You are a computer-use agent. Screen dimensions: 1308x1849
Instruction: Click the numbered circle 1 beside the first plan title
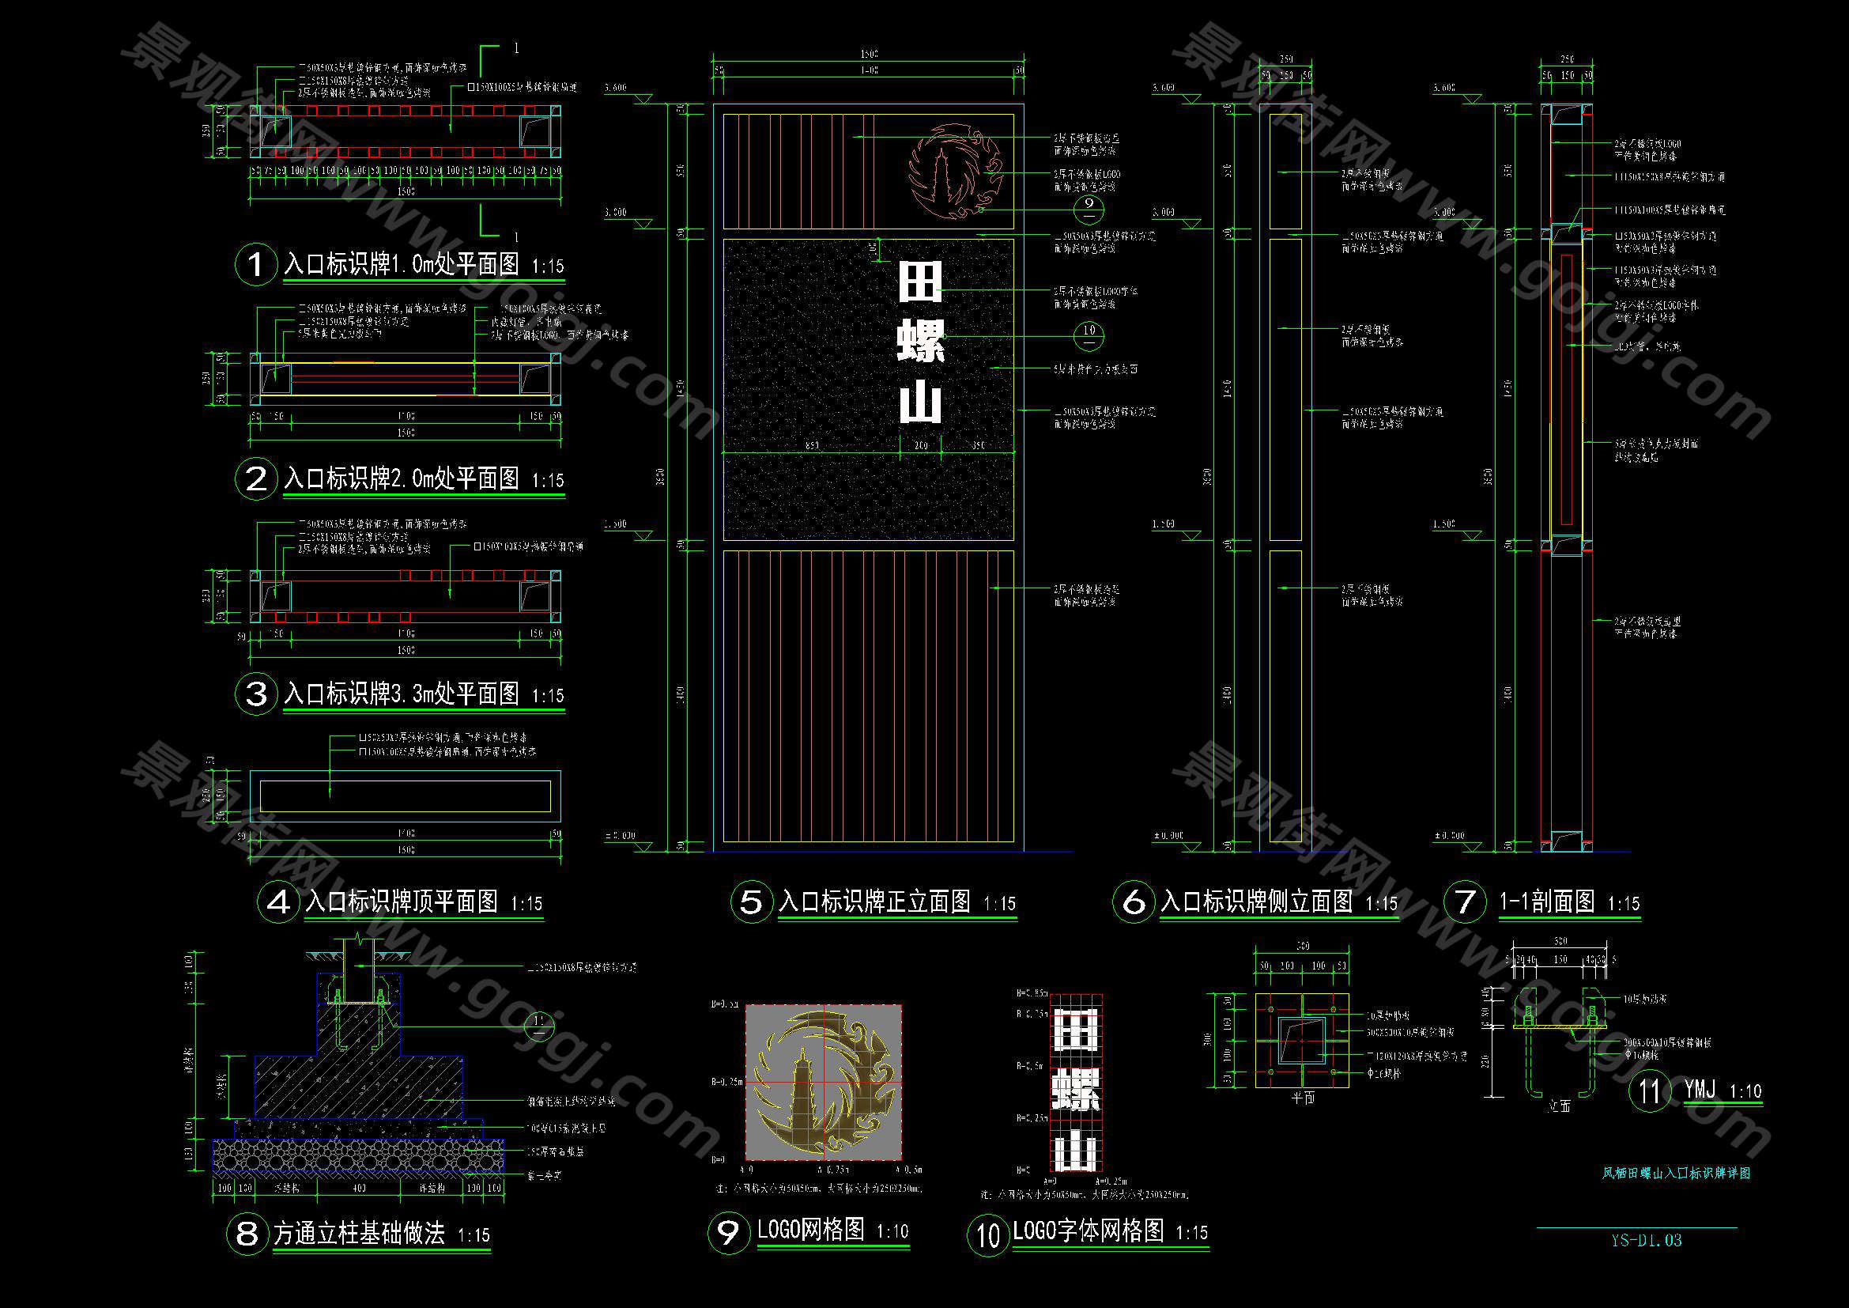[255, 263]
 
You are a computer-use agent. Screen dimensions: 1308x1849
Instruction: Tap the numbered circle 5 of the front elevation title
[750, 902]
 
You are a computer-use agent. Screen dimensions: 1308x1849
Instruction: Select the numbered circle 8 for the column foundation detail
[247, 1233]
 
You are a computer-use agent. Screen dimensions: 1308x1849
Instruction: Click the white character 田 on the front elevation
[919, 282]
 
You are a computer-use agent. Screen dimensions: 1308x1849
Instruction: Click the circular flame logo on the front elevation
[956, 170]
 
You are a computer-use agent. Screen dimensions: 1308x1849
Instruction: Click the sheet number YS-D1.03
[1645, 1240]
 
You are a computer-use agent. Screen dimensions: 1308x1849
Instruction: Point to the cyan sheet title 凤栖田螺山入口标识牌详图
[1676, 1174]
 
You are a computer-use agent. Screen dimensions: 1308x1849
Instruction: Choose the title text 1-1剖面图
[1546, 902]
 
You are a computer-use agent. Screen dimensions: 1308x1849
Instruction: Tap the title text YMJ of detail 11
[1700, 1091]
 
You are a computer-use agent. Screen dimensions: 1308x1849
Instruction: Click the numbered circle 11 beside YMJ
[1649, 1091]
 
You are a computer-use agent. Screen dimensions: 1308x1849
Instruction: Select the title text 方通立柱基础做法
[359, 1233]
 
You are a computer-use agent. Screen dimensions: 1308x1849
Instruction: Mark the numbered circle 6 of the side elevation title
[1133, 902]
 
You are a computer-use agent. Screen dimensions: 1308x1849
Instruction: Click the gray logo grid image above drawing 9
[823, 1082]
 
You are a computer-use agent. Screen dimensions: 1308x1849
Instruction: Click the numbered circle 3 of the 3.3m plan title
[255, 693]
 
